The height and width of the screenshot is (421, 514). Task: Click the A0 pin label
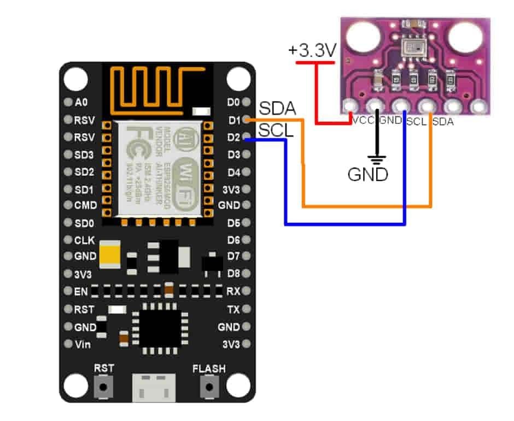tap(80, 102)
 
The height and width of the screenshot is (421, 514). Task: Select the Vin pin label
tap(82, 345)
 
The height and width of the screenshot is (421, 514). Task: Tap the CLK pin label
tap(84, 240)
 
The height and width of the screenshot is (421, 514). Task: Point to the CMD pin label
tap(85, 205)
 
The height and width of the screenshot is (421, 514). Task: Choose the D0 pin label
tap(233, 102)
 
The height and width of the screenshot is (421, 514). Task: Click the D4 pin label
tap(233, 173)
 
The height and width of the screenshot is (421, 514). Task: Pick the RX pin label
tap(233, 292)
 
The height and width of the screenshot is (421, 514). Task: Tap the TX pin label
tap(233, 310)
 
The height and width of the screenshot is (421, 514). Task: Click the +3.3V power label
tap(312, 51)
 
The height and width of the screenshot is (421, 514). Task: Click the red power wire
tap(317, 93)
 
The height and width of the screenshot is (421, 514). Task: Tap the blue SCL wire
tap(344, 224)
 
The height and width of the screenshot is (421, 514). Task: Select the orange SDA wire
tap(366, 206)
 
